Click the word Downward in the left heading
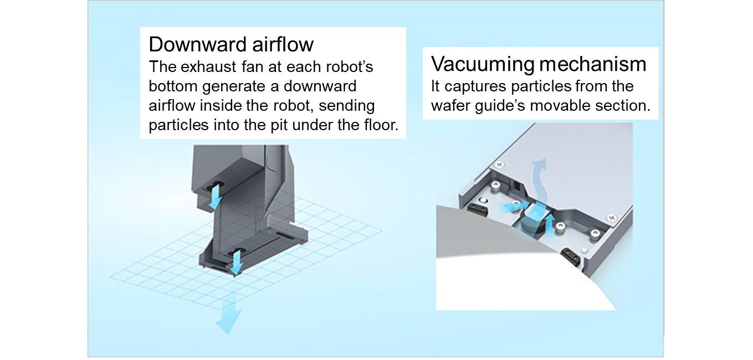click(198, 44)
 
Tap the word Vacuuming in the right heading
click(483, 64)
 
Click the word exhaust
click(209, 67)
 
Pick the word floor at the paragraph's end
click(381, 125)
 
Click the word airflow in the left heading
click(283, 44)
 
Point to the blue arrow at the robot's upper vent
click(215, 196)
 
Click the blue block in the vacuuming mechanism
click(535, 215)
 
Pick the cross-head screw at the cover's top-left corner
click(500, 164)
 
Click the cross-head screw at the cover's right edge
click(612, 218)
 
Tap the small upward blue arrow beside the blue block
click(549, 227)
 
